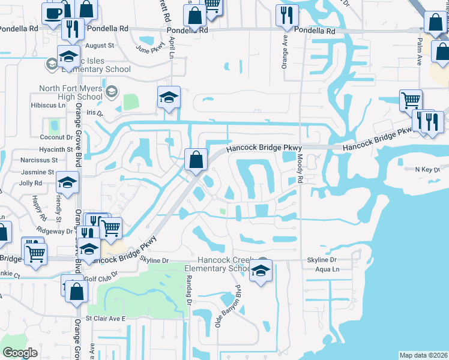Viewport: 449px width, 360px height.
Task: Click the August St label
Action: click(100, 46)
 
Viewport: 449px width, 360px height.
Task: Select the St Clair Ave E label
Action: click(106, 318)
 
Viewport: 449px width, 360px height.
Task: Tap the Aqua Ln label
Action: click(327, 270)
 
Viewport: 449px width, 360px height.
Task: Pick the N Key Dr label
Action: click(427, 170)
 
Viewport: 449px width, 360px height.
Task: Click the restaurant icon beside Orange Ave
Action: click(286, 15)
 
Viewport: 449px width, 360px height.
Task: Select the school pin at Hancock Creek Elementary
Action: click(261, 272)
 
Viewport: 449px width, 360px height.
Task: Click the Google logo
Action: click(20, 353)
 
